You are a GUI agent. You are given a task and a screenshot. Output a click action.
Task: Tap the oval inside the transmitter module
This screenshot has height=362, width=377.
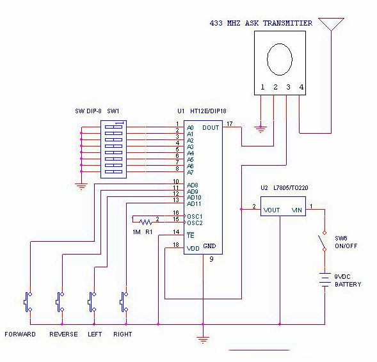coord(280,59)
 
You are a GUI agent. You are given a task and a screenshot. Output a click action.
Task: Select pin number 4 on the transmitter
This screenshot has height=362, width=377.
coord(301,87)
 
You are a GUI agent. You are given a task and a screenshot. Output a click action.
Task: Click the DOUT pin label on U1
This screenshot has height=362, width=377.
coord(211,128)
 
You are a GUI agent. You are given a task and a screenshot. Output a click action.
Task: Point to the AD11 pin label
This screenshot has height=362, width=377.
coord(194,204)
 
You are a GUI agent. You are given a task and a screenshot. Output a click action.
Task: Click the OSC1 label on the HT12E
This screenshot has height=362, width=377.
coord(195,216)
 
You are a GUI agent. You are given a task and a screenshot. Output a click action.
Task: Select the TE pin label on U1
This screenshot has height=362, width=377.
coord(191,235)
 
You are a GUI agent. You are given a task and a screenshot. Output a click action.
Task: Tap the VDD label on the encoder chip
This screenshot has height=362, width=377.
coord(193,249)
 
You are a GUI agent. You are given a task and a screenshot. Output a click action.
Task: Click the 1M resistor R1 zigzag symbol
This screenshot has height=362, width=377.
coord(146,222)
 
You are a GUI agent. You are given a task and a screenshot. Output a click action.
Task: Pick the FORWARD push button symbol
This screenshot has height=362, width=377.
coord(28,302)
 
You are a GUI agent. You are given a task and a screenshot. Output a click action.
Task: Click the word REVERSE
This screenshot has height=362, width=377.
coord(63,334)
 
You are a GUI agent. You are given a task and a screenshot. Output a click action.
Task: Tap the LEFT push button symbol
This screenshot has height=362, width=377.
coord(92,302)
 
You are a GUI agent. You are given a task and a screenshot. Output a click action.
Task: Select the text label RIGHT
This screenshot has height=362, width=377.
coord(123,334)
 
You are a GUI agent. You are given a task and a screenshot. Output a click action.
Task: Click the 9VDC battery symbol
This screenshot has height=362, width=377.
coord(325,280)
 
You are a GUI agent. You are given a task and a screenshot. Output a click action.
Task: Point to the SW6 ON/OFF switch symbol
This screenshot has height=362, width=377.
coord(323,241)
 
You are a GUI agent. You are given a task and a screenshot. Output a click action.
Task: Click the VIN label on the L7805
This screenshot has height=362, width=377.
coord(297,210)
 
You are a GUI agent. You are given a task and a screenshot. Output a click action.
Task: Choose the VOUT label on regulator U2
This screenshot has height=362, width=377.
coord(271,210)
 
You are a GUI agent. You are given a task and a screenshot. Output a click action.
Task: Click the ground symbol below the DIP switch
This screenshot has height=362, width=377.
coord(81,186)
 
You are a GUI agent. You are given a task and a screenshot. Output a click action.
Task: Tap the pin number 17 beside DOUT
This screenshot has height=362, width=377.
coord(230,124)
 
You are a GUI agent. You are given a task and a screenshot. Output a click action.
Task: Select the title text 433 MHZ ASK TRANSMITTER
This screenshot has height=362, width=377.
coord(261,23)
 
